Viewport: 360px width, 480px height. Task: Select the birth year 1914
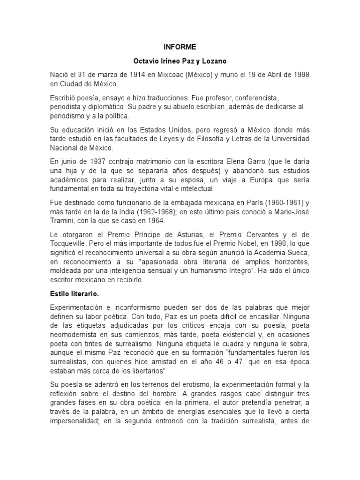pyautogui.click(x=127, y=75)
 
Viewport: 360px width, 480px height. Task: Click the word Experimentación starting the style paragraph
pyautogui.click(x=77, y=307)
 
